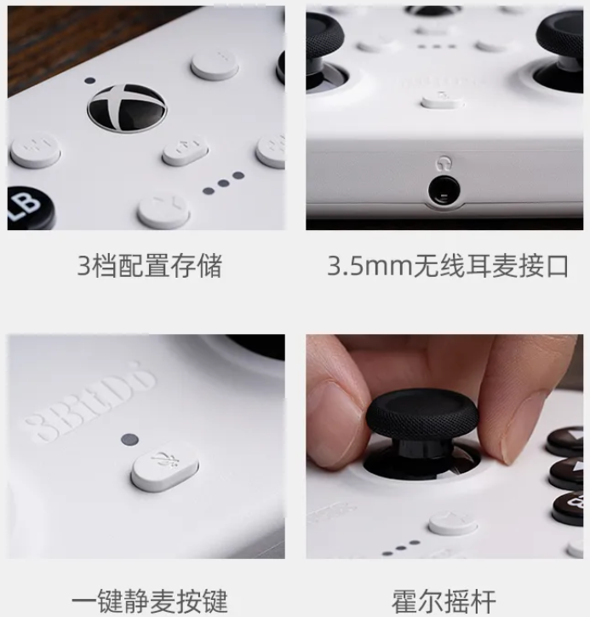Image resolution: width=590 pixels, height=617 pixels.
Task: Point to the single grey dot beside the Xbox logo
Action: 90,81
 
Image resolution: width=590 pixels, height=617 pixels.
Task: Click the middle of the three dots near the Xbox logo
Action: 224,181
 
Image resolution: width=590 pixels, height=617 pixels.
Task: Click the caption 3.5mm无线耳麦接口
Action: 447,266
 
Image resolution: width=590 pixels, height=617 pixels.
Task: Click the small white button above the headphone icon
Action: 442,101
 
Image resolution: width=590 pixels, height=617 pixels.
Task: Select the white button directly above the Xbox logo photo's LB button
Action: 35,152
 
